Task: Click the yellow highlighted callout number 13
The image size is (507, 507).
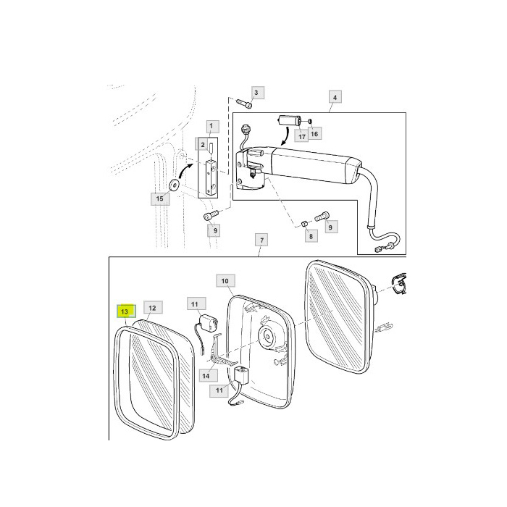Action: point(125,311)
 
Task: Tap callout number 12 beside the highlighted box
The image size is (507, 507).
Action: point(151,308)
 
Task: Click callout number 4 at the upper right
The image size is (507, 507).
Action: point(335,97)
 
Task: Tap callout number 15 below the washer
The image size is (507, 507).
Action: point(157,198)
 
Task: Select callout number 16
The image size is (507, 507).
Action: point(314,134)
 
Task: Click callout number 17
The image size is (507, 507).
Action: point(301,135)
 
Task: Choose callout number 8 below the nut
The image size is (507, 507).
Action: point(310,235)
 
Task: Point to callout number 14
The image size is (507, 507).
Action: point(206,376)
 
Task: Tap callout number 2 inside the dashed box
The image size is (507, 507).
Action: point(204,145)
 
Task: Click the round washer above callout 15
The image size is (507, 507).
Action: point(174,185)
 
